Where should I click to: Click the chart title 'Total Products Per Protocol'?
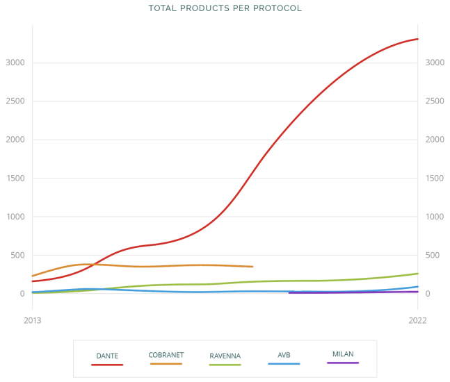click(x=225, y=8)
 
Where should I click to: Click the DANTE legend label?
click(x=107, y=356)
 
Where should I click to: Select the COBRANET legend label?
click(x=166, y=355)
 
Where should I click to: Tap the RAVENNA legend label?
click(x=225, y=356)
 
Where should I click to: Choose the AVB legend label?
click(x=284, y=355)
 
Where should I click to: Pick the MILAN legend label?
click(x=343, y=354)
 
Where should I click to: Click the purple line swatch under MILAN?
click(x=343, y=363)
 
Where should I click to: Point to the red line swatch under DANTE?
click(x=107, y=364)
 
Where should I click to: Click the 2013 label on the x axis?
click(x=32, y=320)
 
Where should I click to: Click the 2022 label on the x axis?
click(x=417, y=320)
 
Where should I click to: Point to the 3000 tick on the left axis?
click(x=16, y=63)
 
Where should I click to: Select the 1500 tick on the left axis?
click(x=16, y=178)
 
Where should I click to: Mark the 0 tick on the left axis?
click(x=22, y=294)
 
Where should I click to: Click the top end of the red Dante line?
click(x=417, y=39)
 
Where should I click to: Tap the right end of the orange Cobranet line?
click(x=252, y=267)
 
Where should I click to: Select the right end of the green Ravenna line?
click(x=417, y=274)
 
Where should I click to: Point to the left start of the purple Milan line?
click(x=289, y=293)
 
